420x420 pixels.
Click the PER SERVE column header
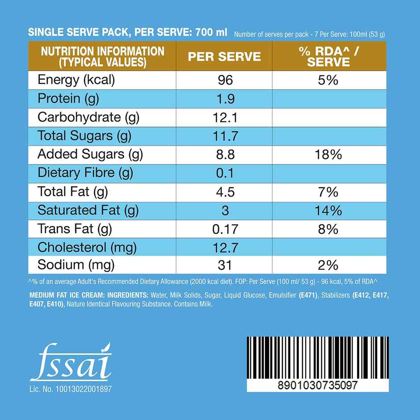[x=224, y=56]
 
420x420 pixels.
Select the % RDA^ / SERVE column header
[x=329, y=56]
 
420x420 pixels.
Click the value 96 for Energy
[x=225, y=80]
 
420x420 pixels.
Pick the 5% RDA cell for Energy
[x=328, y=80]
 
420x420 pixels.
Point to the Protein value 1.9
[x=225, y=99]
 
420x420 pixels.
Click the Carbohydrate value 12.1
[x=225, y=118]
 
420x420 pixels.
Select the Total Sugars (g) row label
[x=84, y=136]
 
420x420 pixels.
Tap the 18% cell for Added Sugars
[x=328, y=155]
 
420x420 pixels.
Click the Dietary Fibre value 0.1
[x=225, y=173]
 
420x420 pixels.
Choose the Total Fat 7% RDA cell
[x=328, y=192]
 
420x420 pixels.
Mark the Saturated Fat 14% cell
[x=328, y=210]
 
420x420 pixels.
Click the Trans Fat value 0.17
[x=225, y=229]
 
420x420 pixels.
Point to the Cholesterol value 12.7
[x=225, y=247]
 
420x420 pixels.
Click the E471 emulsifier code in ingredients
[x=309, y=296]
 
